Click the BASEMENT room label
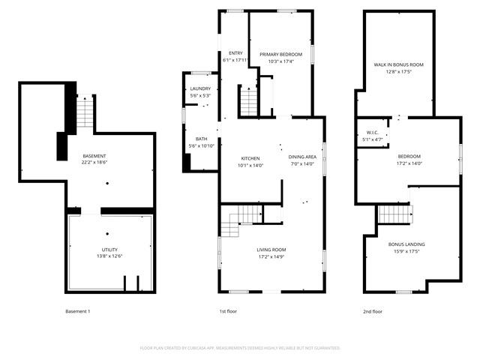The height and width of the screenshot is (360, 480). [x=94, y=155]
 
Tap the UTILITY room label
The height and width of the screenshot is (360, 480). [x=109, y=250]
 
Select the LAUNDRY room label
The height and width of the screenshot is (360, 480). [x=200, y=88]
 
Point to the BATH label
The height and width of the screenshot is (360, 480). [x=202, y=139]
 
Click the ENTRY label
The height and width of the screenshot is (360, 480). [x=235, y=53]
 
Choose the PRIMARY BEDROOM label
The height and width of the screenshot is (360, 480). [x=280, y=55]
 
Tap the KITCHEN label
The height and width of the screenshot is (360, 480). [x=250, y=158]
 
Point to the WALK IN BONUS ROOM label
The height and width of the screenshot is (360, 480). [x=399, y=65]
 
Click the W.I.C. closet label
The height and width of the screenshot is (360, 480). [x=373, y=133]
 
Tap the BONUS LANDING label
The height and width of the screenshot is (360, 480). [x=406, y=244]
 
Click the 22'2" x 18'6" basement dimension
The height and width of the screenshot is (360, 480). [x=95, y=162]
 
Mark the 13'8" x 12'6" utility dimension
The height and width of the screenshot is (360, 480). [x=109, y=256]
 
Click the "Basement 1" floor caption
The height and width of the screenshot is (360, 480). [x=77, y=310]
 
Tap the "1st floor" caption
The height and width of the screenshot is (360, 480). [x=228, y=310]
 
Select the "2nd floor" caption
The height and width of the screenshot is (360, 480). [x=372, y=310]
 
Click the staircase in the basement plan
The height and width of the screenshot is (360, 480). [x=87, y=112]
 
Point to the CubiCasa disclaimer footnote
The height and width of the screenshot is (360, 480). [x=240, y=348]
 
